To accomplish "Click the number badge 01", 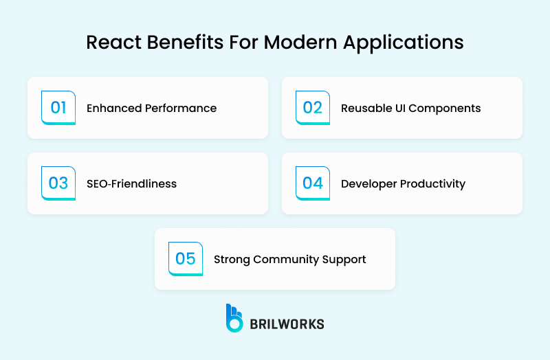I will (58, 108).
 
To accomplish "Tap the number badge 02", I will (313, 108).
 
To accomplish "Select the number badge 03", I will (58, 183).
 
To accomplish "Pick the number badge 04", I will (313, 183).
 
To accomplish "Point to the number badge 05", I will (186, 259).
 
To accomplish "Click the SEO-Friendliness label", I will (131, 184).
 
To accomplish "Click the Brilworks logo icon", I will (234, 317).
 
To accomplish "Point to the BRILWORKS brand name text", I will (287, 323).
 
